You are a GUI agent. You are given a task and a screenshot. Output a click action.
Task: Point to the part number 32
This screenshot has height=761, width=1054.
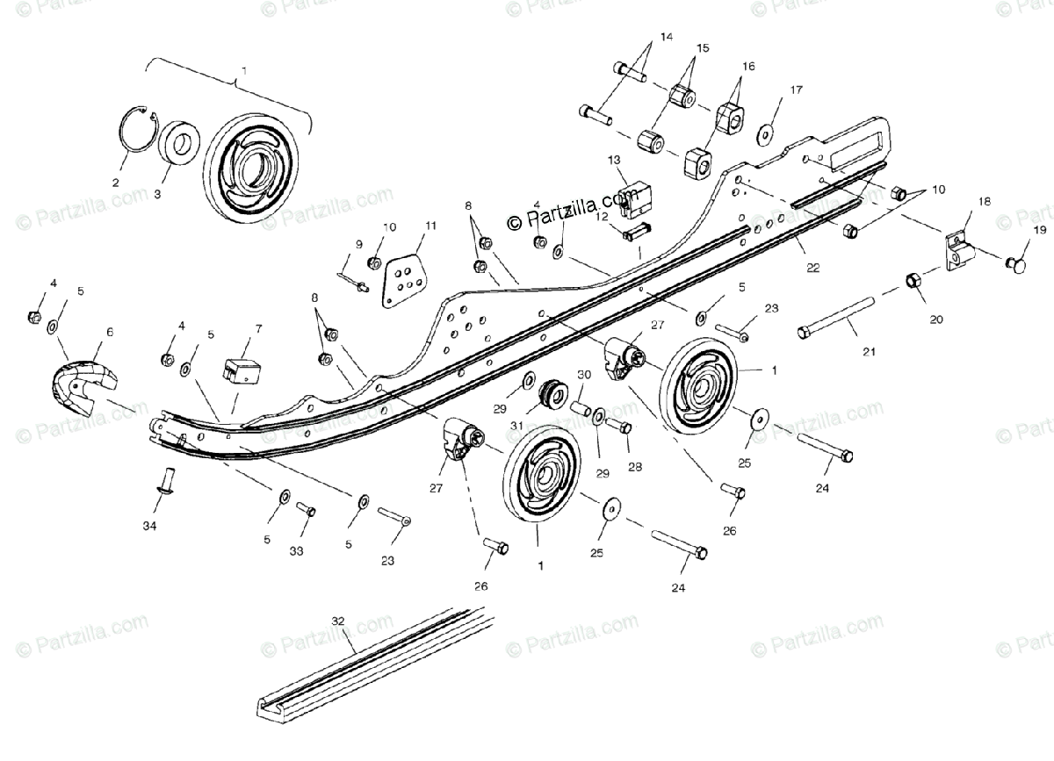[x=338, y=621]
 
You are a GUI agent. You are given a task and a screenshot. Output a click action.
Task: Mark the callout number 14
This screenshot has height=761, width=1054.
[x=668, y=37]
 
